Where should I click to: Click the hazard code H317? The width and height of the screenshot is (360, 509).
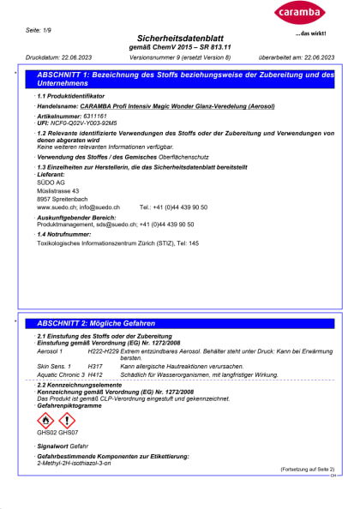tap(96, 366)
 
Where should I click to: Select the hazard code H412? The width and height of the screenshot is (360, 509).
tap(96, 374)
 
